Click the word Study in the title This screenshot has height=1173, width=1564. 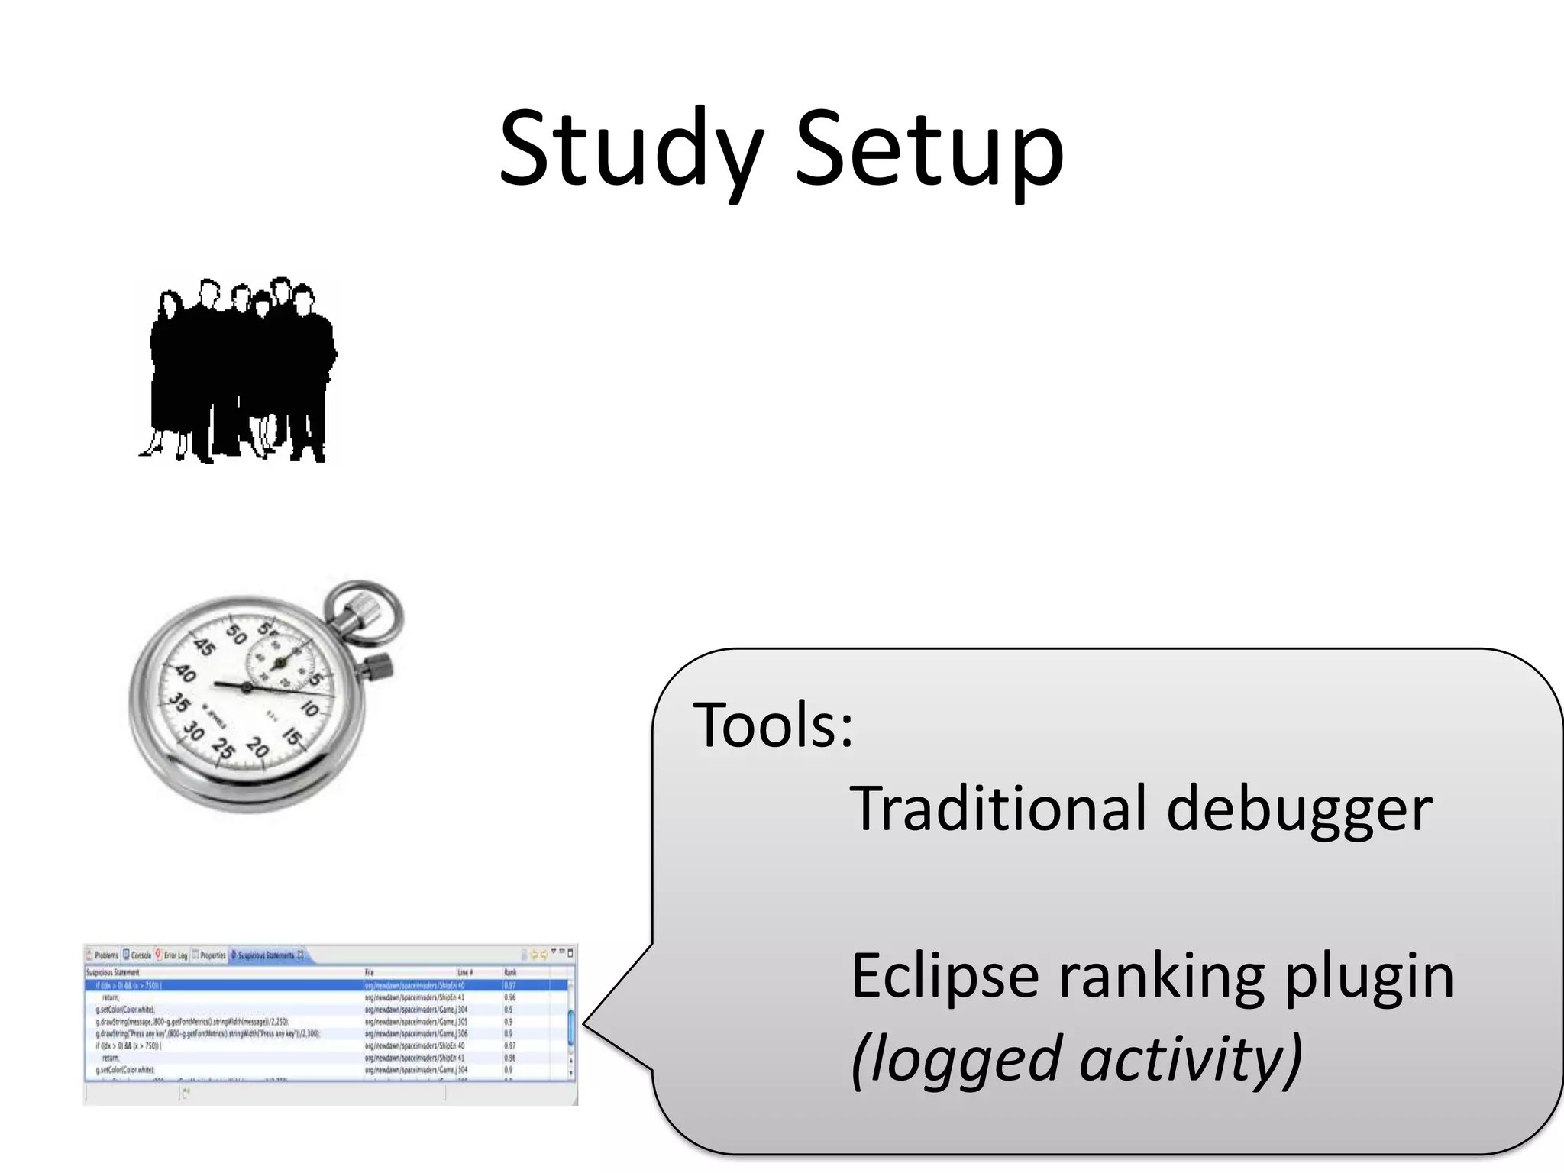631,149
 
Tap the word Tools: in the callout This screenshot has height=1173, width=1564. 773,725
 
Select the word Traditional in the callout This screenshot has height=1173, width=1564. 997,808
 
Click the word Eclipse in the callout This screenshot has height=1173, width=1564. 944,975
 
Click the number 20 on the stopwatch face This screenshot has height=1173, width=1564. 257,747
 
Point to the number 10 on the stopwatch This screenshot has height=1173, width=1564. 309,709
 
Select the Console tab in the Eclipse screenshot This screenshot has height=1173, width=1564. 137,955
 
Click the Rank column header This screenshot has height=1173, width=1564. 510,972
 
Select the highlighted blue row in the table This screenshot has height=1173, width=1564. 328,985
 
